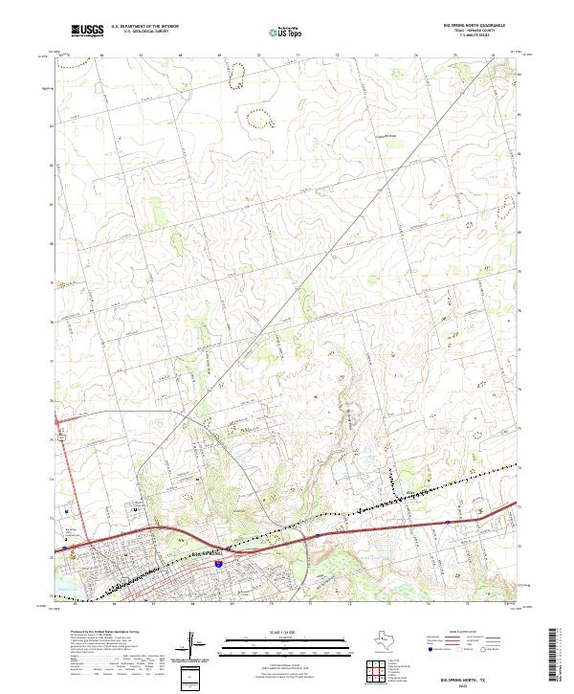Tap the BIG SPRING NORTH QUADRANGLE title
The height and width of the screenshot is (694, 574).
click(x=475, y=25)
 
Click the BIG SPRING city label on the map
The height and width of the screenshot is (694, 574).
click(x=205, y=552)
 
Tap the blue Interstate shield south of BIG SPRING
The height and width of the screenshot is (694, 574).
click(x=219, y=566)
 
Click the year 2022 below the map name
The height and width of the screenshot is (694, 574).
click(x=475, y=683)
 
